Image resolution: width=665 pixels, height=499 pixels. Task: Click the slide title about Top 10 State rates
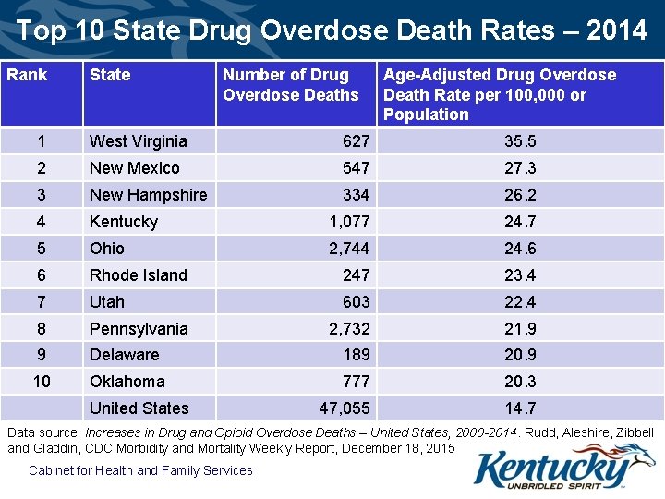tap(332, 30)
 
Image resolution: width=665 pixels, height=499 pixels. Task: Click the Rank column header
tap(27, 75)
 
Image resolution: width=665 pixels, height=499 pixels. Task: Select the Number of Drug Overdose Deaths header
tap(290, 85)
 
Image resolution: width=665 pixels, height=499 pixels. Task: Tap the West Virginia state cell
tap(138, 141)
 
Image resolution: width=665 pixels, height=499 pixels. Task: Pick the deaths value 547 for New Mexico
tap(355, 168)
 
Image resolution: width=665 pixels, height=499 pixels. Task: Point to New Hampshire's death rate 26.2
tap(520, 195)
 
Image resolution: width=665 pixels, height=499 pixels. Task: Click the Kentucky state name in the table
tap(123, 222)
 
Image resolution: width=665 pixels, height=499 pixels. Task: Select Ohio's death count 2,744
tap(349, 249)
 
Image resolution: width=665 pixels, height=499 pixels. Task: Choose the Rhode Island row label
tap(138, 275)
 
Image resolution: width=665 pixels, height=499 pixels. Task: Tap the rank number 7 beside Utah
tap(40, 302)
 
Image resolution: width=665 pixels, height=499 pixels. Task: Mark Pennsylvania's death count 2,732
tap(349, 329)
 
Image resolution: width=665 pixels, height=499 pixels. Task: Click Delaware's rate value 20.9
tap(520, 355)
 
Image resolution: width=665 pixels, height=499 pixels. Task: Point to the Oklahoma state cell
tap(127, 382)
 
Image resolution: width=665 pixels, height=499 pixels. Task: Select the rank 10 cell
tap(42, 382)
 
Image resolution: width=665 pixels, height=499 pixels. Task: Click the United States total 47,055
tap(345, 408)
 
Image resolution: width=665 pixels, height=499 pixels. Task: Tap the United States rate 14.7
tap(520, 408)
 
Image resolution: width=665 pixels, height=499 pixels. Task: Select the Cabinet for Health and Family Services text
tap(140, 470)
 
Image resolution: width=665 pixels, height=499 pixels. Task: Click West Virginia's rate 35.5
tap(520, 141)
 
